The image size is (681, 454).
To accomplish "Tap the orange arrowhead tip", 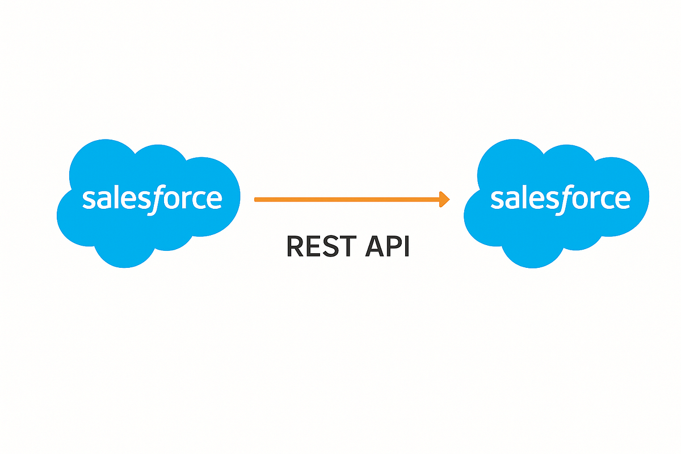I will tap(448, 199).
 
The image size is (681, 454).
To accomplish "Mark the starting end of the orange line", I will tap(256, 199).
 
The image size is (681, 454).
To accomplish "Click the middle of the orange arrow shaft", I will tap(349, 199).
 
